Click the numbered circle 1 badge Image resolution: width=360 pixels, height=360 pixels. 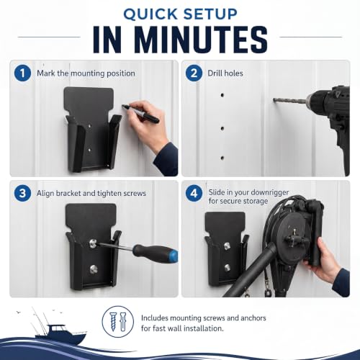22,73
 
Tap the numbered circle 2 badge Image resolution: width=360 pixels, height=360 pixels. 194,73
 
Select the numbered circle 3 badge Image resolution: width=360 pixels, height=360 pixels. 22,193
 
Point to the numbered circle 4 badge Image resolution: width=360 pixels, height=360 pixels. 194,193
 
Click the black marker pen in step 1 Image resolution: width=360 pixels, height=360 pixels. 140,113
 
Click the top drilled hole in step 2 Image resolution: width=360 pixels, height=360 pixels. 222,95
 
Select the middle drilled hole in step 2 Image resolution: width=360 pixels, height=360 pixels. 222,128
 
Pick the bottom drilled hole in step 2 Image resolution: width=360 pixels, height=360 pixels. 222,158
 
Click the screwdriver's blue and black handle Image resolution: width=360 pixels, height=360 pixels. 156,253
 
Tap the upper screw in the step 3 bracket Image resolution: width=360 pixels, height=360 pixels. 92,243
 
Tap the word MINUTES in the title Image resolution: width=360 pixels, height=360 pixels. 202,39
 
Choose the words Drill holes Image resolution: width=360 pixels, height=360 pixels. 225,73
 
